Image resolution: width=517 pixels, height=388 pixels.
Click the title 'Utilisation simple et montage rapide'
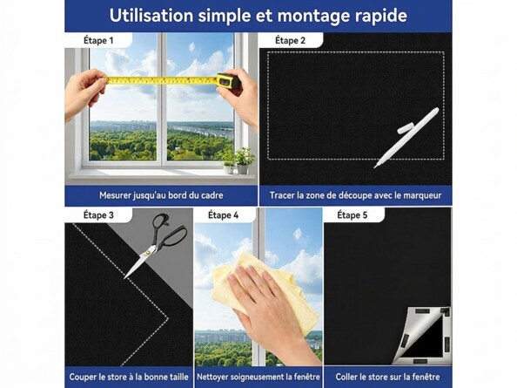tap(258, 15)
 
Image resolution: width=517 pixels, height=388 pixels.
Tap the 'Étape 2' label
tap(290, 41)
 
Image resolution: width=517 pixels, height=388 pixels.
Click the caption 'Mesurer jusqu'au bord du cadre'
tap(161, 195)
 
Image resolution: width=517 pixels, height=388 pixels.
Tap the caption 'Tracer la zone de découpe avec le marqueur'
tap(355, 195)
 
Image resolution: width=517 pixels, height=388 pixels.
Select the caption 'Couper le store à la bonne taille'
tap(128, 377)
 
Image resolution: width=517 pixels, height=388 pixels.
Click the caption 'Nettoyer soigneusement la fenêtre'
tap(258, 377)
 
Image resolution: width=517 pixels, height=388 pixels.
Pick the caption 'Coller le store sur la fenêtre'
tap(387, 377)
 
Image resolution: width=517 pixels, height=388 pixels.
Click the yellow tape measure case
tap(226, 81)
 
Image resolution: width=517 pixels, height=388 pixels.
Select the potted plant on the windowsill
tap(243, 159)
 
